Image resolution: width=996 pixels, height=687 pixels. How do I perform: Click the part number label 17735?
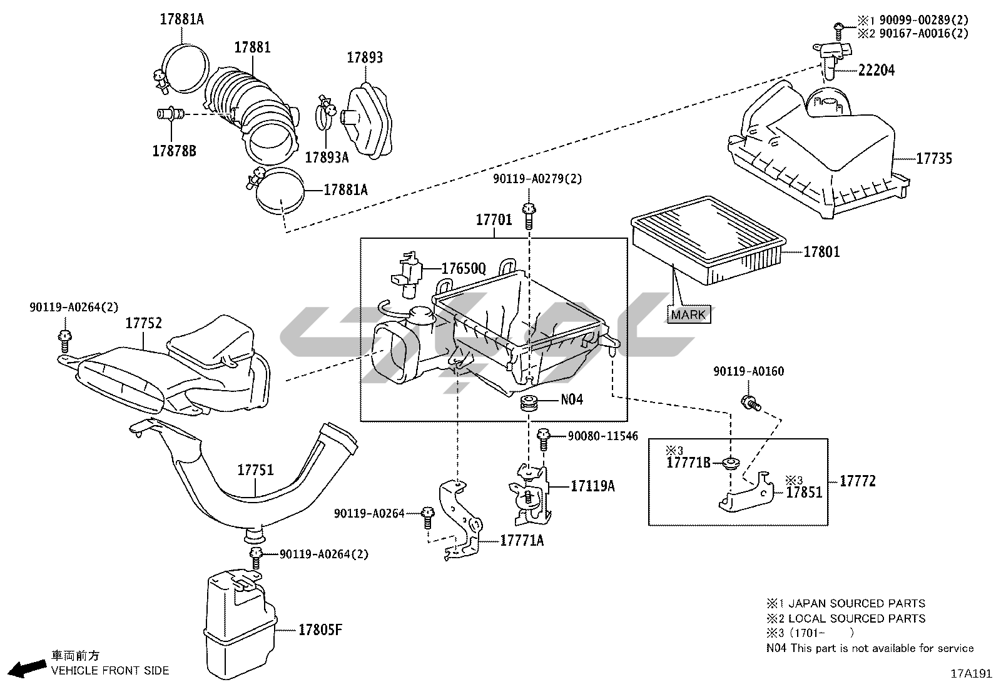(x=934, y=159)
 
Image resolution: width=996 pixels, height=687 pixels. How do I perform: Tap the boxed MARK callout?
(x=688, y=314)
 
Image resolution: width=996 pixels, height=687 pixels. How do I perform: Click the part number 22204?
(x=876, y=70)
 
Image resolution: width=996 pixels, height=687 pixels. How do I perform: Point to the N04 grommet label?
(x=571, y=399)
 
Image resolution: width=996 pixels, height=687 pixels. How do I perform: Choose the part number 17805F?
(x=320, y=629)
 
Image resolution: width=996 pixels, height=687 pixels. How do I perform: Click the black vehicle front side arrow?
(x=28, y=668)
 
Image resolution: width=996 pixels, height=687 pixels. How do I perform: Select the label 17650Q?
(x=464, y=268)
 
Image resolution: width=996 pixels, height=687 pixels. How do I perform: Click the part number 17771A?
(x=522, y=540)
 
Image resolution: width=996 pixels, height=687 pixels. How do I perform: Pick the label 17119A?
(x=592, y=486)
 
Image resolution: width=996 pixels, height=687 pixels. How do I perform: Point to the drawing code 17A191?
(x=972, y=674)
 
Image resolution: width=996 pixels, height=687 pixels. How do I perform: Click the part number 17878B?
(x=175, y=151)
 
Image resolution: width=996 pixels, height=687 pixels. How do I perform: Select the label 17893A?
(x=327, y=158)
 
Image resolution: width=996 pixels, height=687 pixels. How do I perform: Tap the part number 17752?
(x=144, y=323)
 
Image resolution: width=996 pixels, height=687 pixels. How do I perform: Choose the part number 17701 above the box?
(x=494, y=219)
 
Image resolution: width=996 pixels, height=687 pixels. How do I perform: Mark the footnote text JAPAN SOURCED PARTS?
(x=857, y=603)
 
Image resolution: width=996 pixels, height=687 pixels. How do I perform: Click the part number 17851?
(x=805, y=493)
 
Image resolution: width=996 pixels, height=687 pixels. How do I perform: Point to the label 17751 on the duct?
(x=255, y=470)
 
